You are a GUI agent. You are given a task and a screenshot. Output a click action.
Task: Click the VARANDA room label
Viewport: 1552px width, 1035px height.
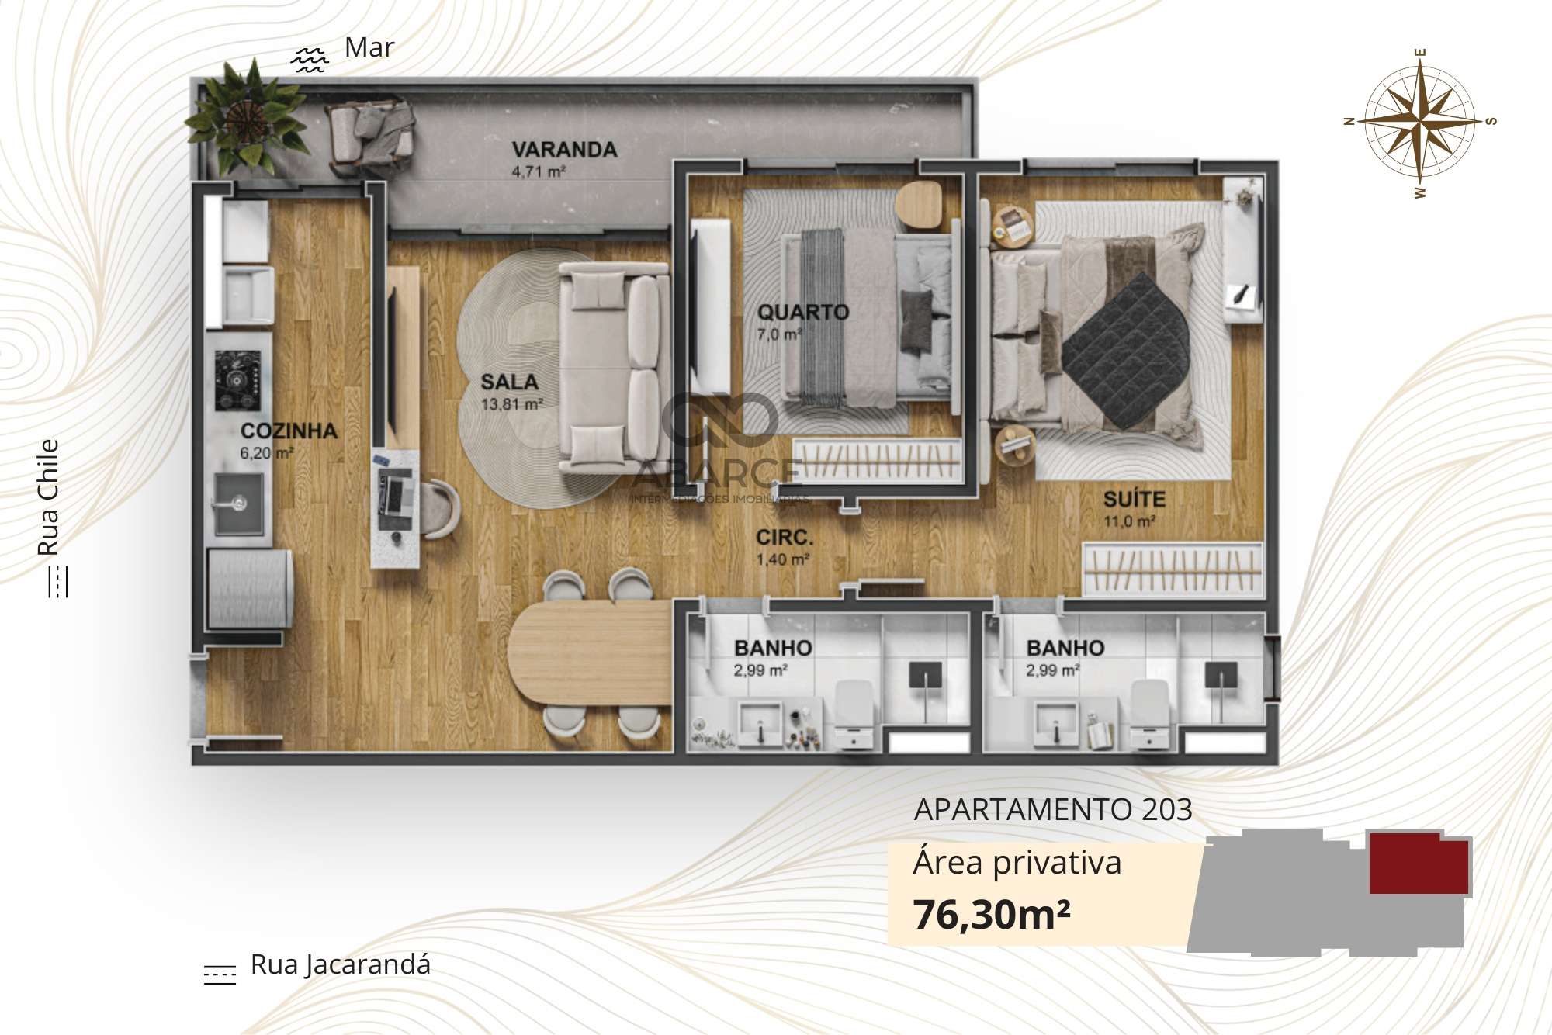coord(564,149)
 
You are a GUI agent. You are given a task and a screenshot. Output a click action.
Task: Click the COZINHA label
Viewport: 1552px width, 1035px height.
coord(289,431)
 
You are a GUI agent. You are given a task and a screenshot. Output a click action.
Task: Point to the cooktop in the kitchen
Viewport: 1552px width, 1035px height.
coord(237,380)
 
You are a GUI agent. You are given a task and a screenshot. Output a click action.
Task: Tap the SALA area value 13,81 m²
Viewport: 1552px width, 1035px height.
coord(511,404)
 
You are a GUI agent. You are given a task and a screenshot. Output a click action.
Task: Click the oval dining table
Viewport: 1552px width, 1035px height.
coord(590,652)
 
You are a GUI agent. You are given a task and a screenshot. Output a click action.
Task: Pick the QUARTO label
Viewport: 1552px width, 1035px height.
coord(803,312)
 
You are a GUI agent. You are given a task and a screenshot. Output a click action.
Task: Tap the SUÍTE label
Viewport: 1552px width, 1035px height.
coord(1134,499)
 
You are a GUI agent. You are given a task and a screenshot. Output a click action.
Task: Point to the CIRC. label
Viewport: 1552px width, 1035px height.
coord(785,537)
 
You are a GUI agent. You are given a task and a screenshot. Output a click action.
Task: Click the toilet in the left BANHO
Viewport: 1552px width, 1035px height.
coord(854,713)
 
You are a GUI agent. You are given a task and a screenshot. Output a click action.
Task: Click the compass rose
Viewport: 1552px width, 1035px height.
coord(1419,122)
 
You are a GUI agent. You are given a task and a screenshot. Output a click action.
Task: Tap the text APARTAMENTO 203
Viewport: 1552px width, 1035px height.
coord(1053,809)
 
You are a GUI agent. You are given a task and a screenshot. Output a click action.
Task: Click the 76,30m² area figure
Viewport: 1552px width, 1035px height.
coord(992,914)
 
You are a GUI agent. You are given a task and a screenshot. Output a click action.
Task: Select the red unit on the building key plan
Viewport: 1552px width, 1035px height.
coord(1419,863)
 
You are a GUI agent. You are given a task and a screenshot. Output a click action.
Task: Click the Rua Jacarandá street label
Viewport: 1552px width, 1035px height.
coord(340,964)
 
